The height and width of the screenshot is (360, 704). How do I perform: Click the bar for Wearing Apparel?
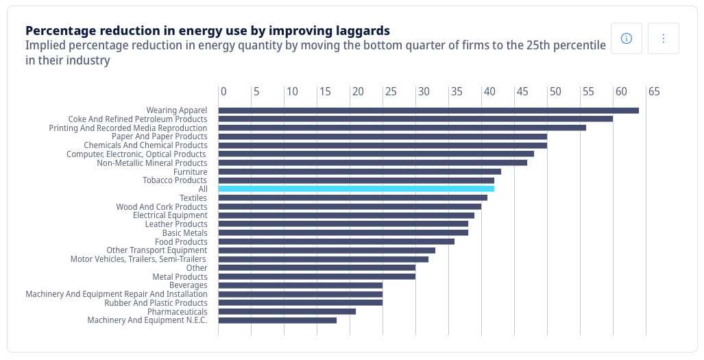(428, 110)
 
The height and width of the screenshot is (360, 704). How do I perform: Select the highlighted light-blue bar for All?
(356, 189)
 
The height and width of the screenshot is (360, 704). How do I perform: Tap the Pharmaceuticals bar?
(287, 311)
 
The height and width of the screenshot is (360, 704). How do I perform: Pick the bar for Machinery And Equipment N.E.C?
(278, 320)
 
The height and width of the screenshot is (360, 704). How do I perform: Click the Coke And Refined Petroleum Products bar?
(415, 119)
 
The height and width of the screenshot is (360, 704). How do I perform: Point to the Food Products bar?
(336, 241)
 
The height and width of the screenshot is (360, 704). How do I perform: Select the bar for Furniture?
(359, 171)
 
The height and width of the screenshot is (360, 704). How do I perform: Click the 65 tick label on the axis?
(654, 92)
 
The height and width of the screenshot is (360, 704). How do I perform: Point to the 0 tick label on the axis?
(223, 92)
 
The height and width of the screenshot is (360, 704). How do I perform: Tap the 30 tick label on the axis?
(424, 92)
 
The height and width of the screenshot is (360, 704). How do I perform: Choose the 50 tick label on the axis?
(555, 92)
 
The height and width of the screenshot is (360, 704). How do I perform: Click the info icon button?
(626, 38)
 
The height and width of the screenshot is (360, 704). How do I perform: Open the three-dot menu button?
(663, 38)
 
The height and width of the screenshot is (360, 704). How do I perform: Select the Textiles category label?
(193, 198)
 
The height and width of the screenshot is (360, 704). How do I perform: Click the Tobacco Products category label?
(175, 180)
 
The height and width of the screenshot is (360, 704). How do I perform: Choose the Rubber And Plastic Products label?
(156, 303)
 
